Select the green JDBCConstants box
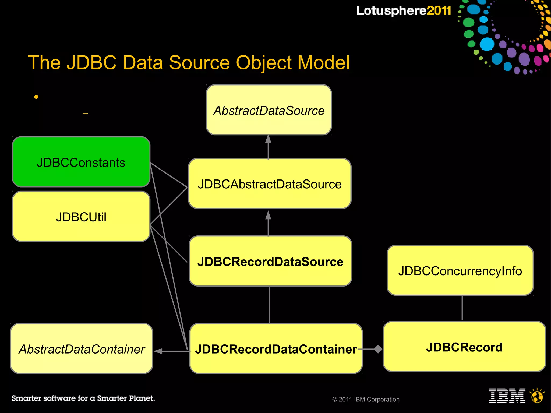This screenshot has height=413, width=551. tap(81, 162)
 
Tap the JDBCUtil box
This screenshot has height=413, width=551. tap(81, 217)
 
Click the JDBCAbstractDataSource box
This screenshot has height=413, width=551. tap(270, 183)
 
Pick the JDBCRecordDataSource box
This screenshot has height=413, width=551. tap(270, 261)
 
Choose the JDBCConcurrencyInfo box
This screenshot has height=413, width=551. tap(460, 270)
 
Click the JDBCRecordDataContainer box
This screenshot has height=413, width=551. tap(276, 349)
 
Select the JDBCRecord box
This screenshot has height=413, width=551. tap(464, 347)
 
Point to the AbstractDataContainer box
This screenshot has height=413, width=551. tap(82, 349)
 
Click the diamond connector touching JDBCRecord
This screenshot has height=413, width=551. tap(378, 349)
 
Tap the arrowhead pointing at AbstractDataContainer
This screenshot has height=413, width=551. tap(158, 351)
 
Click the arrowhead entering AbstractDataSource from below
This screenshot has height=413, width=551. tap(268, 139)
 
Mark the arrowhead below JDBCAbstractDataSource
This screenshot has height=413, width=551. tap(268, 215)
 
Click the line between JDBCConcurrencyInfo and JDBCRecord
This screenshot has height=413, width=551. tap(462, 308)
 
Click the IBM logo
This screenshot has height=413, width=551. tap(507, 396)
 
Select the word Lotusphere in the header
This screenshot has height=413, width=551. tap(391, 11)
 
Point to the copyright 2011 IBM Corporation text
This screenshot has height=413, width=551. tap(366, 399)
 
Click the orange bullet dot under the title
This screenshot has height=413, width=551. tap(36, 97)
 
